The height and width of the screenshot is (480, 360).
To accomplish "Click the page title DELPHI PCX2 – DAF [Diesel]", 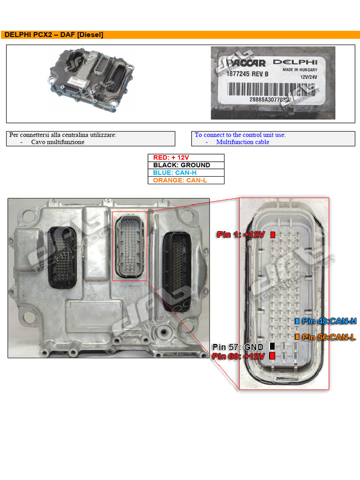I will coord(54,35).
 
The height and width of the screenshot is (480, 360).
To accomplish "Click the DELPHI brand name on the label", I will coord(295,62).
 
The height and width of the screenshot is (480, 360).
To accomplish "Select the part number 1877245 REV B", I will coord(248,73).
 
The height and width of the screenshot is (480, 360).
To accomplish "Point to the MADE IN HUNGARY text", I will coord(300,70).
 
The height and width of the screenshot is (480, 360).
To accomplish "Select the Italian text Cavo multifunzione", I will coord(58,142).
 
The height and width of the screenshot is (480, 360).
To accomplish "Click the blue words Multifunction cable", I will coord(243,142).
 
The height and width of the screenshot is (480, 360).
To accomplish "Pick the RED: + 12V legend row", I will coord(186,158).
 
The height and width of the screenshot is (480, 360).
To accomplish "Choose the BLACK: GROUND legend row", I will coord(186,165).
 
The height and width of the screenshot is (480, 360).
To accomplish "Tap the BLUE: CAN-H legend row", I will coord(186,172).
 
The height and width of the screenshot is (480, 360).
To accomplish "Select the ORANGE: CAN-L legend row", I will coord(186,180).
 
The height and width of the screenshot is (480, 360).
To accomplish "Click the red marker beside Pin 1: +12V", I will coord(273,234).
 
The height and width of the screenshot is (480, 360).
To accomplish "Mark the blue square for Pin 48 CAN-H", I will coord(297,321).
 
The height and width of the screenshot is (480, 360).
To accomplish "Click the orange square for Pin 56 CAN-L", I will coord(297,337).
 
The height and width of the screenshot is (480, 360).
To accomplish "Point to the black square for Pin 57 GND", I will coord(272,346).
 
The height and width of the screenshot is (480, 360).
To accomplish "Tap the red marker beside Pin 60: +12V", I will coord(272,356).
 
